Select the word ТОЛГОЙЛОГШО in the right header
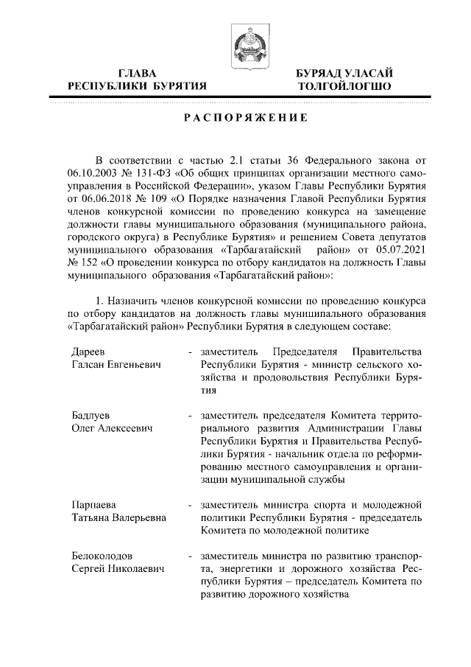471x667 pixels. tap(344, 86)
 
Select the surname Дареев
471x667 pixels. tap(90, 351)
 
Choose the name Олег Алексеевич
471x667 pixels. tap(111, 429)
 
